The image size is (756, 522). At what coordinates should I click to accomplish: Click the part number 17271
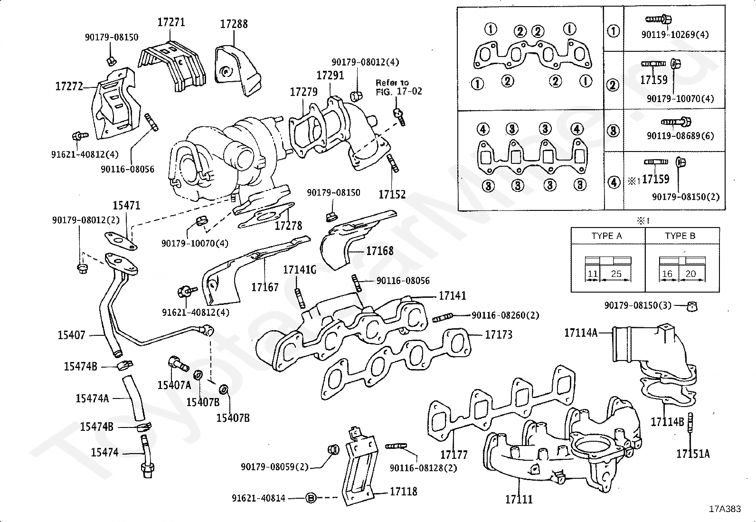[x=171, y=22]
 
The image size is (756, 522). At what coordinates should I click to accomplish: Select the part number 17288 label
[x=234, y=24]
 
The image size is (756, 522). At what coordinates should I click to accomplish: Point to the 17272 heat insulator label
[x=69, y=86]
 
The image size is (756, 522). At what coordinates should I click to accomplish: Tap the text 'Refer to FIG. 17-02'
[x=398, y=87]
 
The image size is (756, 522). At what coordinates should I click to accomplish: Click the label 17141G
[x=300, y=270]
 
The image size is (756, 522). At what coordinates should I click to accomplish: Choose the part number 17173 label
[x=499, y=335]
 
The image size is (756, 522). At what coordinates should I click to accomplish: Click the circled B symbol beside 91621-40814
[x=310, y=498]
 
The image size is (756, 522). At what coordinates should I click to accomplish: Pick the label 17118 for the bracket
[x=403, y=492]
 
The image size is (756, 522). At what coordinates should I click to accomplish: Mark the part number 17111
[x=519, y=499]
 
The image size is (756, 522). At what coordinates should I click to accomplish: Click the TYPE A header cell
[x=606, y=236]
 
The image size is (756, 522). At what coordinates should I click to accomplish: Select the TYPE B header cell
[x=680, y=236]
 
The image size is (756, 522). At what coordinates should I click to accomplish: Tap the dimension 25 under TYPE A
[x=616, y=274]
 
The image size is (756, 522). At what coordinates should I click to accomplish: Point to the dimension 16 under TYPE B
[x=667, y=274]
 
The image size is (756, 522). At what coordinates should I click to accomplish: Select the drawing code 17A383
[x=725, y=509]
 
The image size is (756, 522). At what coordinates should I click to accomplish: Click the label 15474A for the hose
[x=92, y=399]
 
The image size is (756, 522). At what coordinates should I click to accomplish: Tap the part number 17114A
[x=581, y=333]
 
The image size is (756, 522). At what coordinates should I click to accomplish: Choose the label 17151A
[x=693, y=454]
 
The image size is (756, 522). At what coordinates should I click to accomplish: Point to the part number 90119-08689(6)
[x=680, y=136]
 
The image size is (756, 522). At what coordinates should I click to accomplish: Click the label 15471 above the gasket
[x=126, y=206]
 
